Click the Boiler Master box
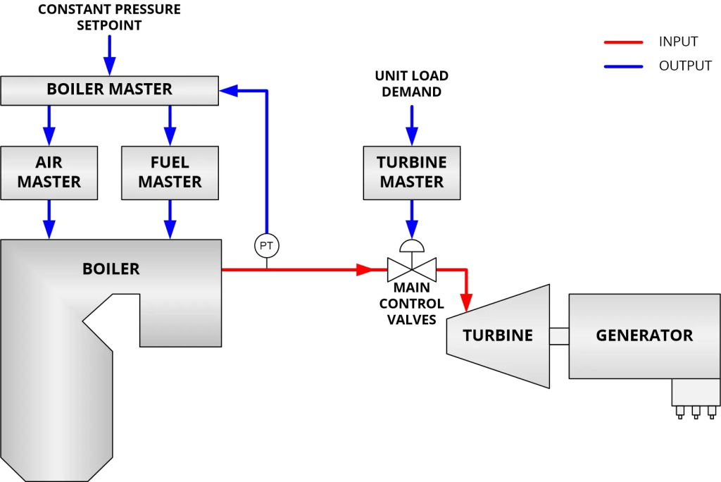coord(109,89)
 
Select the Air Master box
coord(49,173)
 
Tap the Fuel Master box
coord(170,173)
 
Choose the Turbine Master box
coord(412,173)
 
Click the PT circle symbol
coord(266,245)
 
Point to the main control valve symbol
coord(412,268)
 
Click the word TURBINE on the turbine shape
coord(497,335)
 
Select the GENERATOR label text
coord(644,335)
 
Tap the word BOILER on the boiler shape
coord(111,268)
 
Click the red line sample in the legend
coord(623,42)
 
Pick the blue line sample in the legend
coord(623,66)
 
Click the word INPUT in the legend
coord(678,42)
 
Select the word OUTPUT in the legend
coord(685,66)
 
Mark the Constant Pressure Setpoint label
coord(109,18)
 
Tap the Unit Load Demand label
coord(412,84)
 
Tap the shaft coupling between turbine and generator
coord(559,336)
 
